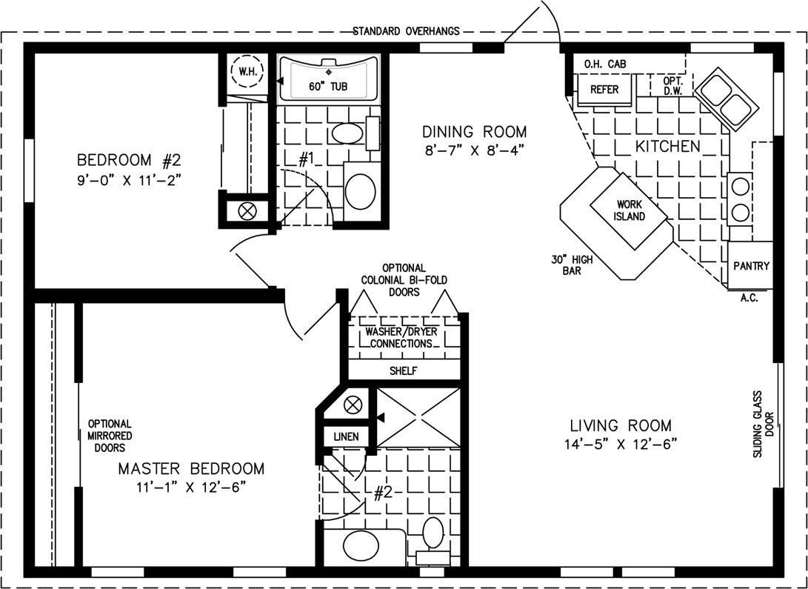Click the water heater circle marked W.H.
pyautogui.click(x=247, y=72)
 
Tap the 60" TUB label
pyautogui.click(x=328, y=87)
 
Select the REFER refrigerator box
pyautogui.click(x=604, y=90)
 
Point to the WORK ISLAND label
pyautogui.click(x=630, y=210)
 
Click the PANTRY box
pyautogui.click(x=750, y=265)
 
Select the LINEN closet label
pyautogui.click(x=346, y=437)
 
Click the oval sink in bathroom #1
pyautogui.click(x=347, y=133)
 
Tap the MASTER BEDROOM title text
pyautogui.click(x=191, y=468)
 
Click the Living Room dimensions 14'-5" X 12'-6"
pyautogui.click(x=621, y=444)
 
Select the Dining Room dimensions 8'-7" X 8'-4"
pyautogui.click(x=474, y=150)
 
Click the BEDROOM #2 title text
pyautogui.click(x=129, y=160)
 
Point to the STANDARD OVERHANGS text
pyautogui.click(x=406, y=31)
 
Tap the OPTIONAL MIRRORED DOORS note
pyautogui.click(x=110, y=436)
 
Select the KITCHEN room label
pyautogui.click(x=667, y=147)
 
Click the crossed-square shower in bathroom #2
pyautogui.click(x=418, y=417)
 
